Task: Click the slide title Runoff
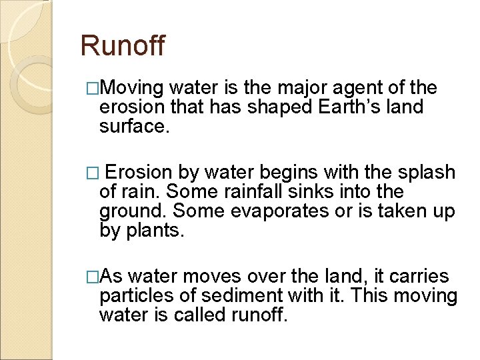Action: tap(122, 46)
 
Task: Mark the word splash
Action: tap(425, 173)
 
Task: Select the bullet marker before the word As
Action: tap(93, 276)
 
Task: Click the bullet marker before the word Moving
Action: tap(93, 88)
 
